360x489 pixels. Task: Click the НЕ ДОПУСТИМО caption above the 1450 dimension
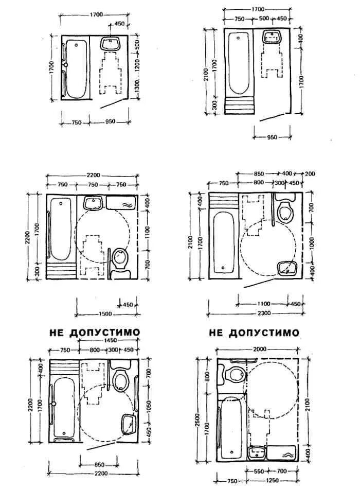pyautogui.click(x=95, y=333)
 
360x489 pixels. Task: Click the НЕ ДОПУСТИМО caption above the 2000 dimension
pyautogui.click(x=254, y=333)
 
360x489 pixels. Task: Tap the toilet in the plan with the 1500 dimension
pyautogui.click(x=119, y=256)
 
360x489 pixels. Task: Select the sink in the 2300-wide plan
pyautogui.click(x=286, y=268)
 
